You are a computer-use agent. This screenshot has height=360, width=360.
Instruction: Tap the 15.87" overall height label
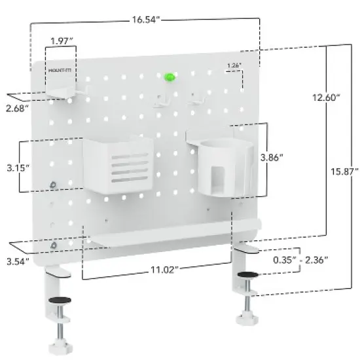[x=342, y=172]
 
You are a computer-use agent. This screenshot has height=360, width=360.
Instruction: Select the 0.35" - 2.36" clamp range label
[x=300, y=259]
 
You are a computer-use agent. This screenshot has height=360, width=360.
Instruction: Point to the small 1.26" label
[x=234, y=65]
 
